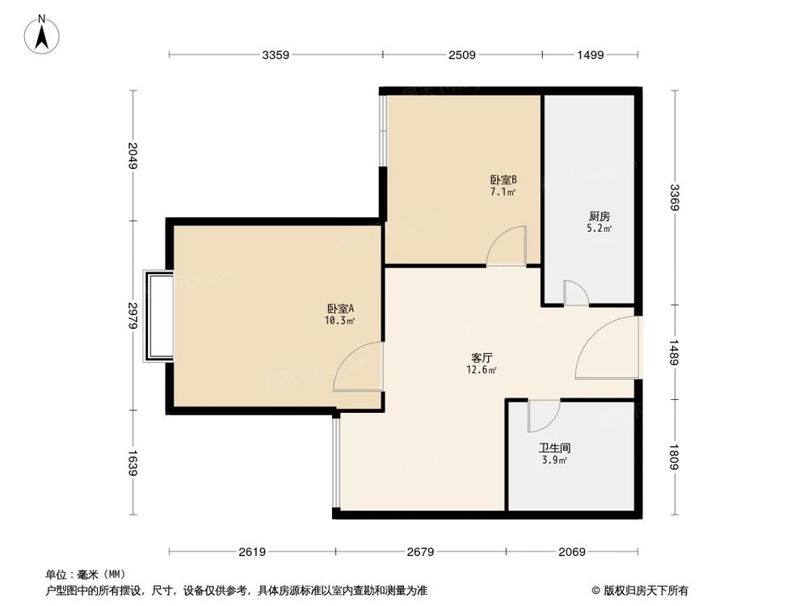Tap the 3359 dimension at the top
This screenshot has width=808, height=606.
[x=276, y=55]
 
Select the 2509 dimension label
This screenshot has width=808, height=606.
[x=462, y=55]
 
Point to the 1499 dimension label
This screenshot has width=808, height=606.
[x=591, y=55]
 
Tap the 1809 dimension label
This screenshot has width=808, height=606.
[x=674, y=458]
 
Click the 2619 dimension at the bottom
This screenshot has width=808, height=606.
[x=252, y=552]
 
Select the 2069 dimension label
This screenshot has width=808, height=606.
[x=571, y=552]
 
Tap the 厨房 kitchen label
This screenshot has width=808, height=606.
[x=599, y=217]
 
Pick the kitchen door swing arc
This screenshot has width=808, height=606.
[x=575, y=292]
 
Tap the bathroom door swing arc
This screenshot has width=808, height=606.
[x=543, y=415]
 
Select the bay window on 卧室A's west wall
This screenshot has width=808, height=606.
[x=158, y=316]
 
